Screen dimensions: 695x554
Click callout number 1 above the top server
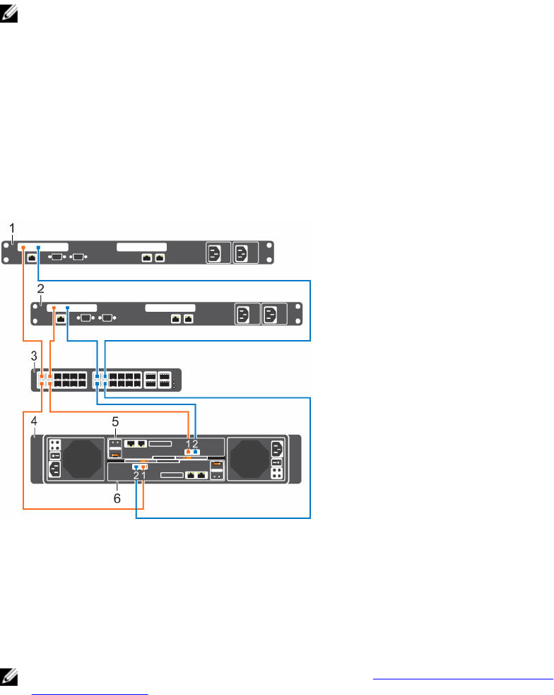click(12, 228)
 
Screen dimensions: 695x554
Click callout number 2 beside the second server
click(41, 288)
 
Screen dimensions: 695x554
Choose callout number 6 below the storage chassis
click(117, 498)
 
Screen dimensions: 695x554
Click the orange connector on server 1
click(23, 247)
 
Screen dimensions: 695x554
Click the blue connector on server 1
click(38, 247)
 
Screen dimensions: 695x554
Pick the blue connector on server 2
click(67, 308)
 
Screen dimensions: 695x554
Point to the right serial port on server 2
click(107, 318)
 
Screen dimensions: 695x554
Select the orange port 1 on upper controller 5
click(188, 451)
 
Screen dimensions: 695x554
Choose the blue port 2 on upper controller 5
click(196, 451)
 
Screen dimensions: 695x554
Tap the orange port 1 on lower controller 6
click(143, 467)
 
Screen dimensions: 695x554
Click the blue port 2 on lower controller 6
click(136, 467)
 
